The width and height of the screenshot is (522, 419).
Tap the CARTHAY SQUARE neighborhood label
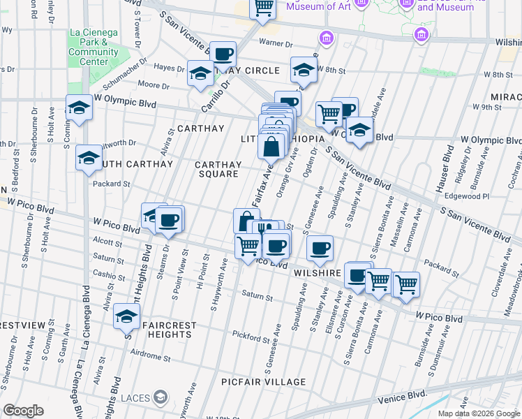click(x=218, y=169)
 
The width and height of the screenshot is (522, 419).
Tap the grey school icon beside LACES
click(x=161, y=398)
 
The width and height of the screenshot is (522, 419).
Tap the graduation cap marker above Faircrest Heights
click(x=127, y=316)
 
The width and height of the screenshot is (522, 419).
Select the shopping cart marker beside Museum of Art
click(x=263, y=8)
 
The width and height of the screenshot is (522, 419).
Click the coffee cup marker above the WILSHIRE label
click(x=320, y=248)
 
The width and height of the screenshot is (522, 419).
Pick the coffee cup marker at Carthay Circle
click(x=223, y=54)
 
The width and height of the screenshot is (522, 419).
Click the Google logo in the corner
click(x=23, y=411)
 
